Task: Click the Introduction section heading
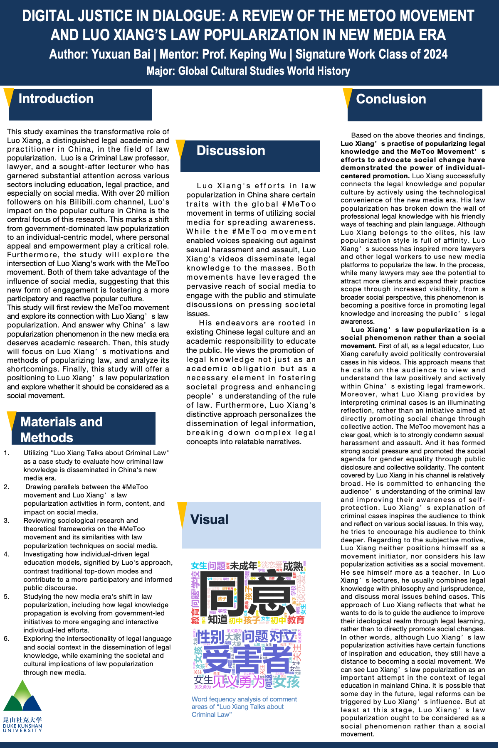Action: point(56,99)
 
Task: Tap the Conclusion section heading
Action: point(391,99)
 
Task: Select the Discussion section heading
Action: point(231,151)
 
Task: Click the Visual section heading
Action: point(209,519)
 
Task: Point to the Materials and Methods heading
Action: point(62,429)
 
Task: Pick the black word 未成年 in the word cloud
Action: point(244,566)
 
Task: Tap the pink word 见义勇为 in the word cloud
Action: point(239,682)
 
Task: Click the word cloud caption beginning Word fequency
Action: point(244,707)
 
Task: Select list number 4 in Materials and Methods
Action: point(7,554)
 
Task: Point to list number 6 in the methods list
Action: point(7,639)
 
